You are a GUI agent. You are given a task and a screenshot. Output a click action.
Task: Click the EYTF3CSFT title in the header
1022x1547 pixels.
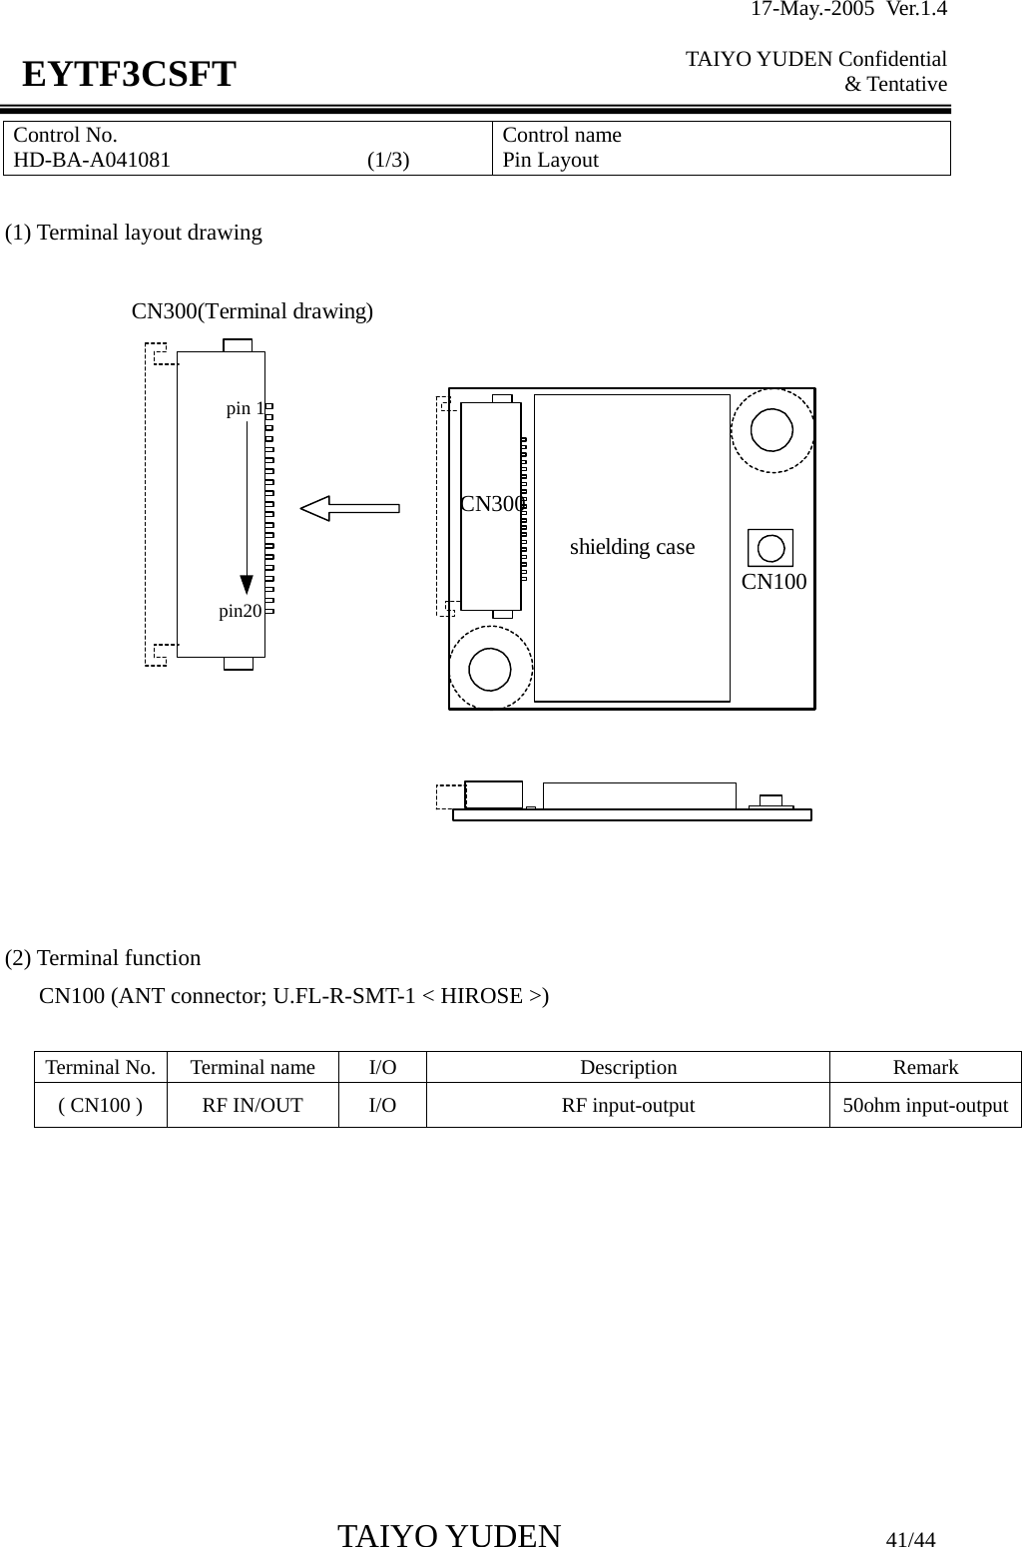130,75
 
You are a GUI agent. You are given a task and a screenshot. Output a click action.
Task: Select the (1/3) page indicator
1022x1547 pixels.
387,161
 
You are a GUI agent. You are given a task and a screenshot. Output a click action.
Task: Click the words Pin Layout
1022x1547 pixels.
550,161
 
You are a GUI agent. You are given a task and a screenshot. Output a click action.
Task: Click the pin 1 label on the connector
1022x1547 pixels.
245,408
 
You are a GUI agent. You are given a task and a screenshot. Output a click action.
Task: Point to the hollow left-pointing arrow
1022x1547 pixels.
349,509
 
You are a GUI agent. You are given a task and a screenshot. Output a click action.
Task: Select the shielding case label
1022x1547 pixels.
632,547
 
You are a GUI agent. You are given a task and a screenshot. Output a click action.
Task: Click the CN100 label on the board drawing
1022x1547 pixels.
774,582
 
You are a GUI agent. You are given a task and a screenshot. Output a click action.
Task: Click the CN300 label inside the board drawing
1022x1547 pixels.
492,505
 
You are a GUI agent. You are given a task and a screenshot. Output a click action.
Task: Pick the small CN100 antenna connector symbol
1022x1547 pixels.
770,548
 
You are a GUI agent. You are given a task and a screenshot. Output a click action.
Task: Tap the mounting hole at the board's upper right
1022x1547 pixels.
772,429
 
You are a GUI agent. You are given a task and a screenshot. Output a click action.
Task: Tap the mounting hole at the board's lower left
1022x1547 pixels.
490,668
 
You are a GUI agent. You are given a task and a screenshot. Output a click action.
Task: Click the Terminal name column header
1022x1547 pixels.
253,1067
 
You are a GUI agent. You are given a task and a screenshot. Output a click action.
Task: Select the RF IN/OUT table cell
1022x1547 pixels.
253,1105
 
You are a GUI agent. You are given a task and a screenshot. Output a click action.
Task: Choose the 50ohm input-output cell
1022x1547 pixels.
925,1105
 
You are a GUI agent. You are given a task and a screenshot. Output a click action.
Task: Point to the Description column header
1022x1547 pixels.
628,1067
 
